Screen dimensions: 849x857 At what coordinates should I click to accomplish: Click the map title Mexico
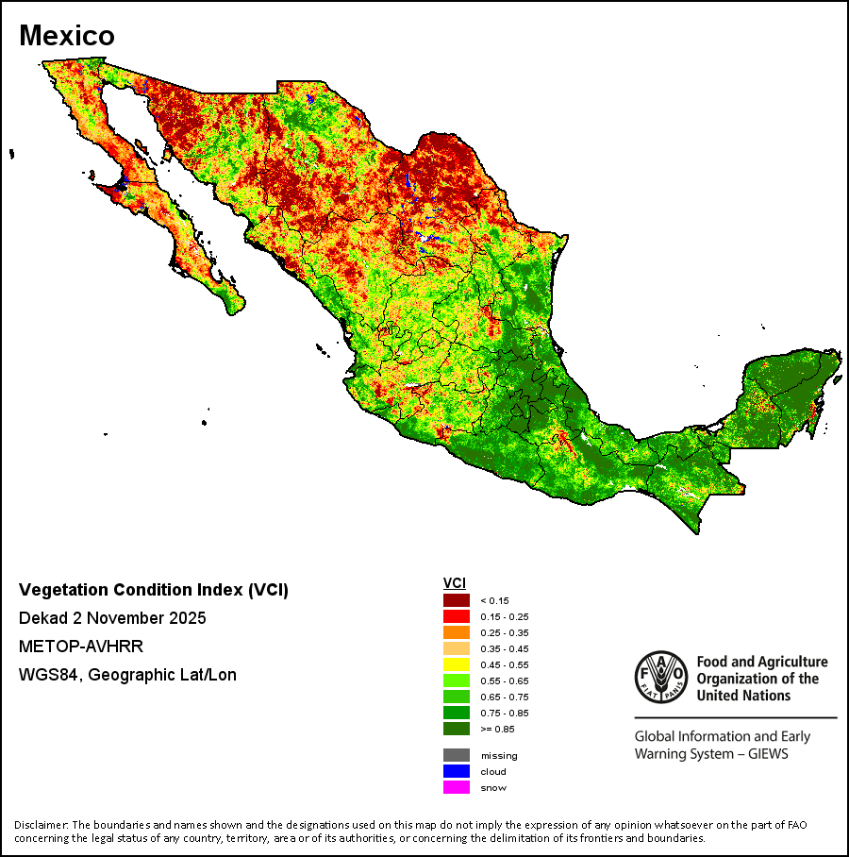pyautogui.click(x=67, y=36)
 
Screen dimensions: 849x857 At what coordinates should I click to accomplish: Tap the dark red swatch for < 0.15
pyautogui.click(x=457, y=600)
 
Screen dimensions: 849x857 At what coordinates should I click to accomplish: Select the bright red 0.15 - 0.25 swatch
pyautogui.click(x=457, y=616)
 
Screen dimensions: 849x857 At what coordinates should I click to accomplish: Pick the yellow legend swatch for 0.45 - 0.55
pyautogui.click(x=457, y=664)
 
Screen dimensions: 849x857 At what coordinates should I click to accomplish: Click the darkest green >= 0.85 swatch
pyautogui.click(x=457, y=729)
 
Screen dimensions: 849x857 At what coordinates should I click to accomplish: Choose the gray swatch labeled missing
pyautogui.click(x=457, y=755)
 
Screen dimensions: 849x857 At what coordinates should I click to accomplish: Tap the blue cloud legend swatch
pyautogui.click(x=457, y=771)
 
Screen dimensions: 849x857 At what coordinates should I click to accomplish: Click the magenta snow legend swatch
pyautogui.click(x=457, y=787)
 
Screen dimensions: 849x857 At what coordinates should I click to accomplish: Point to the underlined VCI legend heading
pyautogui.click(x=455, y=583)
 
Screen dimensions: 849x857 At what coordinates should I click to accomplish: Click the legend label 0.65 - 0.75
pyautogui.click(x=505, y=697)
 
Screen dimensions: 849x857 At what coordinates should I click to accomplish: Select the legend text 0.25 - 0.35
pyautogui.click(x=505, y=633)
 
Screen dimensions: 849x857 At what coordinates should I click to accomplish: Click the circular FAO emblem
pyautogui.click(x=661, y=677)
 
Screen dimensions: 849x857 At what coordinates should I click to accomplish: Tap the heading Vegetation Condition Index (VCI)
pyautogui.click(x=154, y=590)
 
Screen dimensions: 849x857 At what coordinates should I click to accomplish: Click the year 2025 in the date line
pyautogui.click(x=188, y=618)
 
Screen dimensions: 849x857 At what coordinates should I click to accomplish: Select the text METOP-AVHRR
pyautogui.click(x=81, y=647)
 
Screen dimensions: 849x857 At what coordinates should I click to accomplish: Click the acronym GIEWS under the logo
pyautogui.click(x=768, y=754)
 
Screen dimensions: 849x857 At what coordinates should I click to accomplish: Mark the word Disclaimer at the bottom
pyautogui.click(x=41, y=825)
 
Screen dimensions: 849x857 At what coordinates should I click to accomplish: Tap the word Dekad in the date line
pyautogui.click(x=43, y=618)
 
